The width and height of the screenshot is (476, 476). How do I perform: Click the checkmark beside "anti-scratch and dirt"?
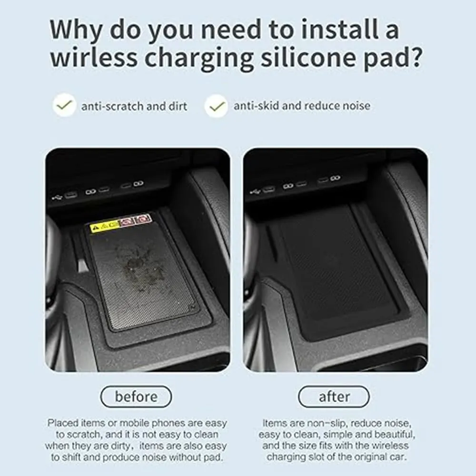64,105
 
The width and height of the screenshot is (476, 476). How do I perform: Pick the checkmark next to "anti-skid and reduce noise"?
217,106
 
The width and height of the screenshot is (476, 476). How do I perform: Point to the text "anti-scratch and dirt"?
134,106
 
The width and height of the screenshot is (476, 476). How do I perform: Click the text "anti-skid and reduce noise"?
302,106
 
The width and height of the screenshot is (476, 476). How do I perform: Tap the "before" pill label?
136,397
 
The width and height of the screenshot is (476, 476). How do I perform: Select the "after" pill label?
334,397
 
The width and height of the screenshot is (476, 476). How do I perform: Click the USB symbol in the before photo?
57,198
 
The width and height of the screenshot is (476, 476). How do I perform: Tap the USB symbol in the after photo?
254,191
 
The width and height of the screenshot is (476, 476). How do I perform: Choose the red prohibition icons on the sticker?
136,220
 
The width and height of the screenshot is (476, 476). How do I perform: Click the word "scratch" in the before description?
83,435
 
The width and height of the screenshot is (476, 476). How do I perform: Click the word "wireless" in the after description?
390,446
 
